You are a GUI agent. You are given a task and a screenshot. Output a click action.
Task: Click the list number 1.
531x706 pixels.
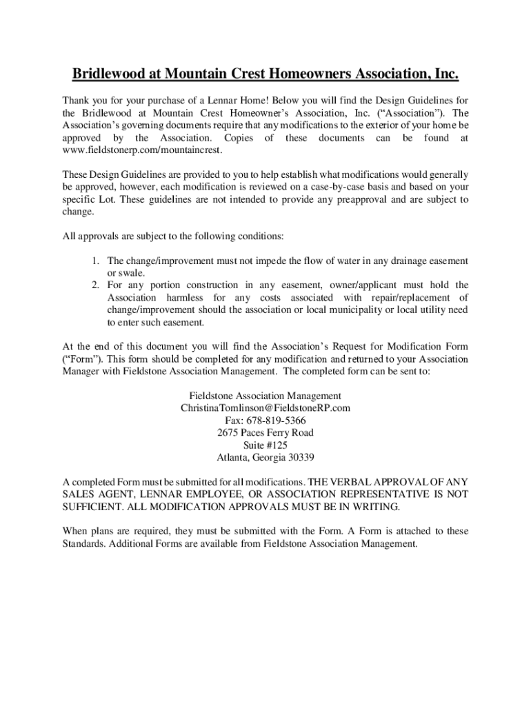click(95, 261)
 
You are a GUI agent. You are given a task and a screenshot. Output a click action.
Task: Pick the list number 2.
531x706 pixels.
click(95, 285)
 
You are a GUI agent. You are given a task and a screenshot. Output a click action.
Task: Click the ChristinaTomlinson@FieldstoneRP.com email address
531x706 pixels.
click(265, 407)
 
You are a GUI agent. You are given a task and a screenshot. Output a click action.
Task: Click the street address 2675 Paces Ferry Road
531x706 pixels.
click(265, 432)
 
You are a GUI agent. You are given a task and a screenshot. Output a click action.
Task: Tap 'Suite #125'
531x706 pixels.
click(265, 445)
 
